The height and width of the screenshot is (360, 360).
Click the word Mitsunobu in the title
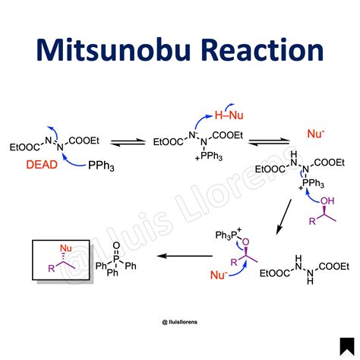(x=113, y=49)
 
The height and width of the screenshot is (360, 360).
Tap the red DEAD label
(x=42, y=165)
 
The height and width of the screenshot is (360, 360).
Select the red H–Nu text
(x=229, y=115)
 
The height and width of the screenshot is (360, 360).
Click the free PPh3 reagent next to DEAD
(x=101, y=166)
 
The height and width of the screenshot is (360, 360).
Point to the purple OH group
(x=327, y=201)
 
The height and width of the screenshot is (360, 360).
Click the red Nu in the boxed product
(x=66, y=248)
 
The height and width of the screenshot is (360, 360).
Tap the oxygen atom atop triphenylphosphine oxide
(x=116, y=245)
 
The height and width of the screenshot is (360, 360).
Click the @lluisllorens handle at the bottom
(x=180, y=322)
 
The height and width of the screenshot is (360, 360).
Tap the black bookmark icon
(x=347, y=346)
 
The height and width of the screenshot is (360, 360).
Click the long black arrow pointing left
(x=185, y=256)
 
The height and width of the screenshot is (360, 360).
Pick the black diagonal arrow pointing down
(x=283, y=216)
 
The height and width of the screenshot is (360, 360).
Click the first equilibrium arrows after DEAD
(x=128, y=142)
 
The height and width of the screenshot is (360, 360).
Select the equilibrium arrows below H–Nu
(x=269, y=142)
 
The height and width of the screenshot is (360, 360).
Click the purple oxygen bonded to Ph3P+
(x=245, y=242)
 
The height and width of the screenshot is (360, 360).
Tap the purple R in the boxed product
(x=52, y=268)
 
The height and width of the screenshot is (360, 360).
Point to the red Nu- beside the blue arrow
(x=219, y=275)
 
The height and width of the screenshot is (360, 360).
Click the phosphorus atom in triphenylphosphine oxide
(x=116, y=259)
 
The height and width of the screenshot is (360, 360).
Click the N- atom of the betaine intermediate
(x=192, y=135)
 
